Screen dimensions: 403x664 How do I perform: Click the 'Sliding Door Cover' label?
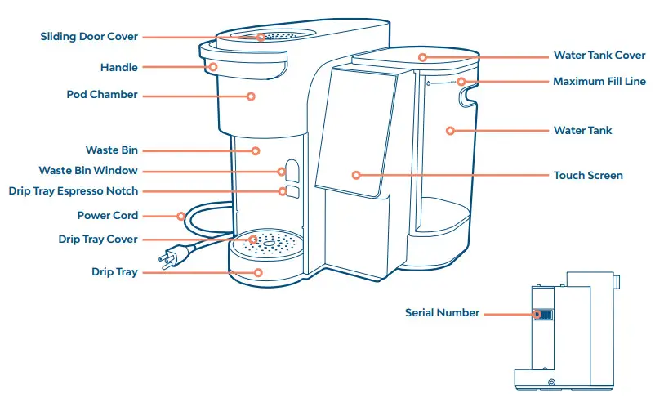(89, 37)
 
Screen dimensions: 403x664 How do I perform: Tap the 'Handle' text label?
(118, 68)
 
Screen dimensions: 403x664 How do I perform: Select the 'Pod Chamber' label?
(102, 95)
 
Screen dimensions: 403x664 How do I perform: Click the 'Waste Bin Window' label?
(88, 171)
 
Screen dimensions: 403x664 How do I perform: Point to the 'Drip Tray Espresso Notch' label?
(73, 191)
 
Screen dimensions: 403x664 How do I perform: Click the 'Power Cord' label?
(108, 216)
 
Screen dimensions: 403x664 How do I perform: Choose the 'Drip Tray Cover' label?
(98, 240)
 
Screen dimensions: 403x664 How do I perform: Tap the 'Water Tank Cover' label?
(599, 56)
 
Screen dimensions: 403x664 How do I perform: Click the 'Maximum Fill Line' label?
(599, 82)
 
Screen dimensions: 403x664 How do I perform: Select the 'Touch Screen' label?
(588, 176)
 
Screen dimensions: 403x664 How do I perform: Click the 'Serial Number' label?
(442, 313)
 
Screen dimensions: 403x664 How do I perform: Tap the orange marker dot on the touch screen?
(356, 175)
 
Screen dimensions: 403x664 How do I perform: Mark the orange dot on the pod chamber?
(252, 96)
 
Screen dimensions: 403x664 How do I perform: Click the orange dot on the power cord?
(180, 216)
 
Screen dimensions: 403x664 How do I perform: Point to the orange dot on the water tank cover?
(422, 56)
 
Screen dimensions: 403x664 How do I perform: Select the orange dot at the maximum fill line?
(461, 82)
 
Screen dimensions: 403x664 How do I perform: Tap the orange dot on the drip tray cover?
(253, 240)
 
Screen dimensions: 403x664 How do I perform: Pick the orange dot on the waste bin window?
(282, 172)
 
